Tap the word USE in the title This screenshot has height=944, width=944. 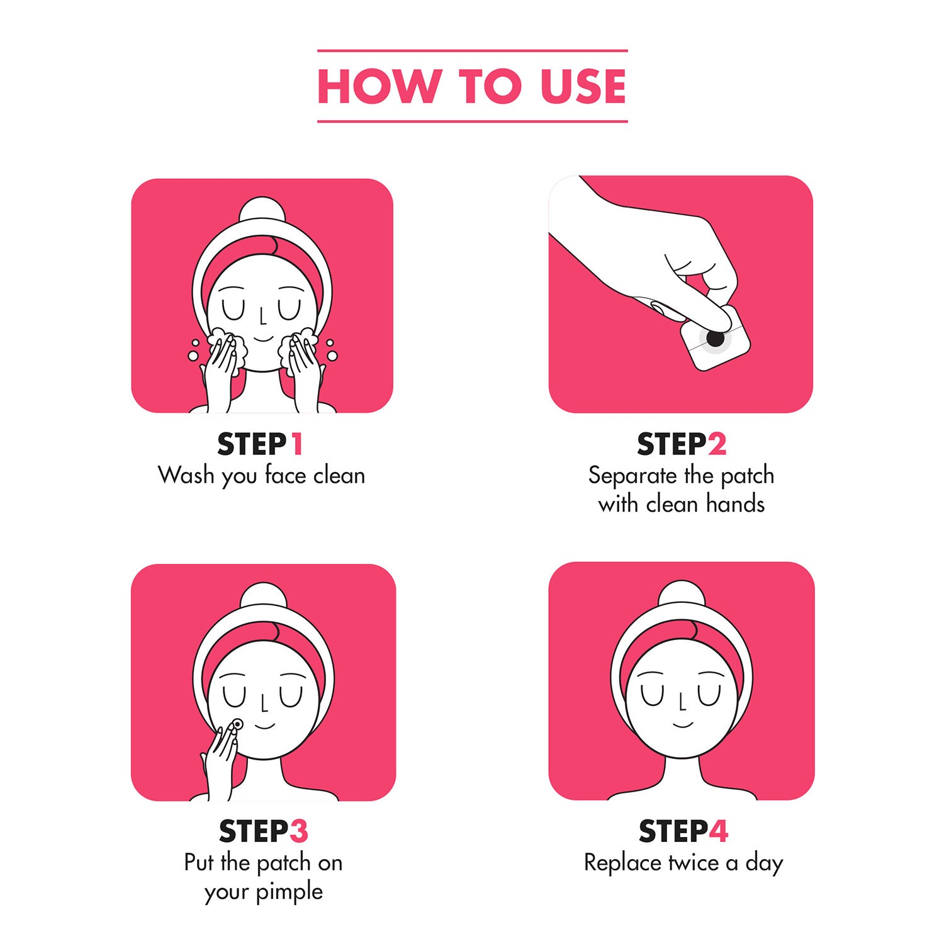[x=583, y=86]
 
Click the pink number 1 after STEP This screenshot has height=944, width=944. [x=297, y=444]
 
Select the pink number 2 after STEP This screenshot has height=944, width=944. [x=717, y=444]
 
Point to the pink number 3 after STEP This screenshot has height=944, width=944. [x=299, y=831]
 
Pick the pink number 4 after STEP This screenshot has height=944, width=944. [x=719, y=831]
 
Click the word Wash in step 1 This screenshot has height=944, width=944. [x=186, y=475]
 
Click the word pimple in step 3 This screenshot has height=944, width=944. [x=289, y=892]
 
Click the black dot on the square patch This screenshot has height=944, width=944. [x=716, y=339]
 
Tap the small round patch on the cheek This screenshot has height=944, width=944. [x=237, y=724]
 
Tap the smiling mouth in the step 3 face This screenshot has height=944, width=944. [x=265, y=726]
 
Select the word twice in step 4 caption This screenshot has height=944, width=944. [x=694, y=863]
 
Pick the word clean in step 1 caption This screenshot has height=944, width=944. [x=339, y=475]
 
